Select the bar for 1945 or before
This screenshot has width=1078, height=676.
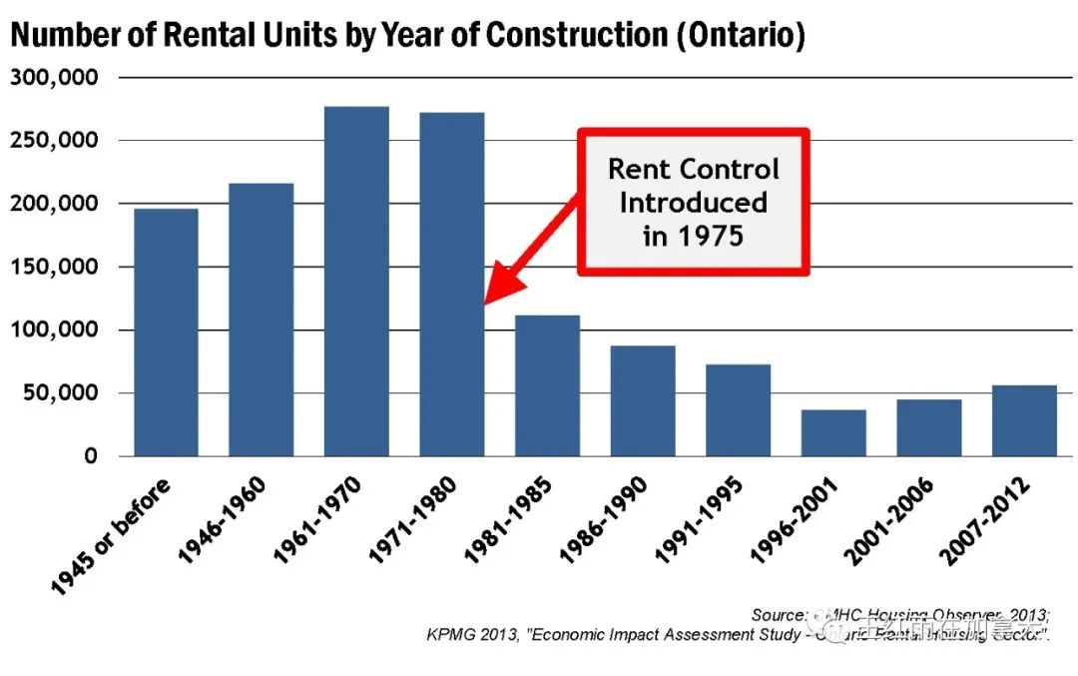click(166, 333)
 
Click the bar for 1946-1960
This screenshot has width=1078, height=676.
click(261, 320)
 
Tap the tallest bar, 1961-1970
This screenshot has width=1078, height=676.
click(356, 282)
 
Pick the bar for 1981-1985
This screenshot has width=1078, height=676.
click(547, 385)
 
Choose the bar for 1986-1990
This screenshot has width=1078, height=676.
click(643, 400)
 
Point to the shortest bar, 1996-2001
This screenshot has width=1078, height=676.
click(833, 432)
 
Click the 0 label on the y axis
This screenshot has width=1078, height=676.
click(91, 456)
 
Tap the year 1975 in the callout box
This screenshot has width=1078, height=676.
click(710, 236)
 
